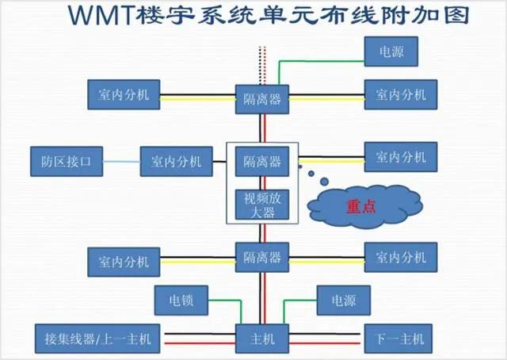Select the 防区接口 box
(x=67, y=162)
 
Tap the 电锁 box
(x=180, y=301)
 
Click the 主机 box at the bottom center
(x=262, y=339)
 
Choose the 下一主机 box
(x=401, y=339)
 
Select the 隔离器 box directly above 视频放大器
(x=262, y=162)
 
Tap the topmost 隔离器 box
(x=262, y=99)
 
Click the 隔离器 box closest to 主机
(x=262, y=258)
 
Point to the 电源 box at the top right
(x=391, y=52)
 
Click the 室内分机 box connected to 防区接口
(x=177, y=162)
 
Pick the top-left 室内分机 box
(x=124, y=95)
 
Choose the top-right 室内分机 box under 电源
(x=401, y=95)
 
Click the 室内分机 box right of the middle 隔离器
(x=401, y=156)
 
